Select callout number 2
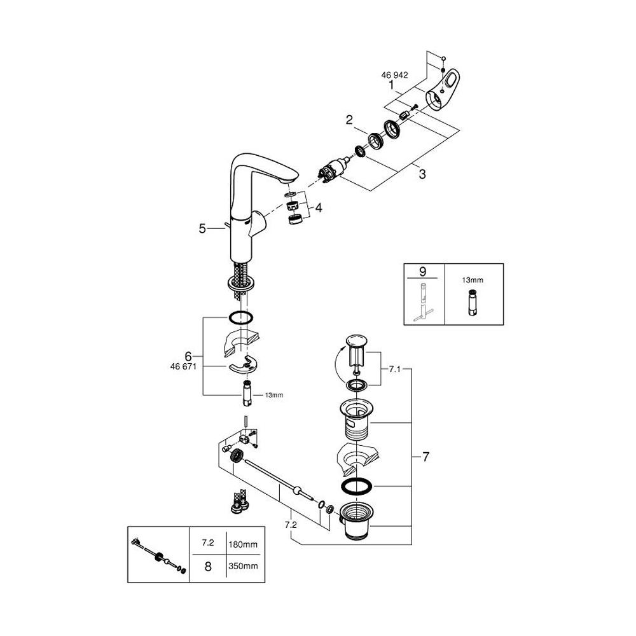click(349, 119)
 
